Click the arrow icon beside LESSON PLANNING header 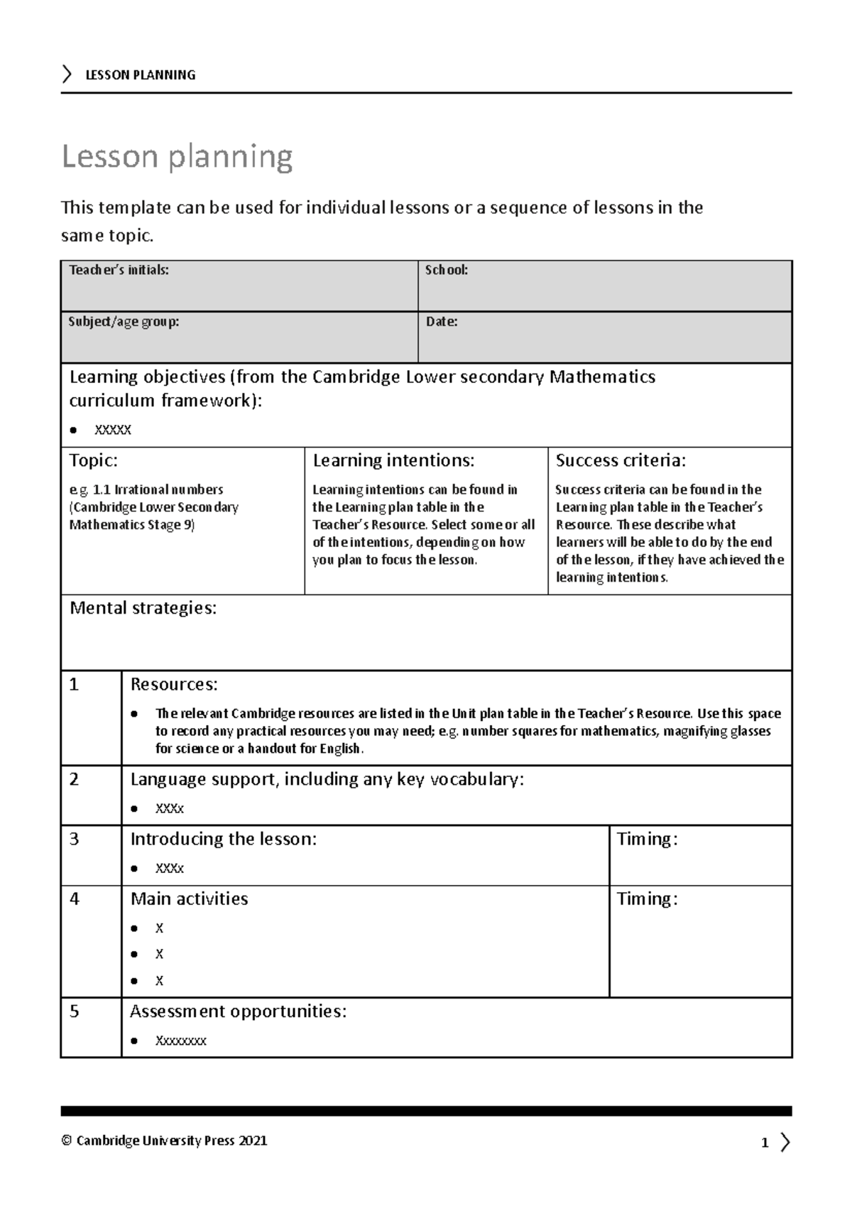click(x=67, y=74)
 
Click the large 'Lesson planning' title click(x=177, y=156)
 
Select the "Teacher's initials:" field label click(x=119, y=270)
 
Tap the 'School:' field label click(x=446, y=270)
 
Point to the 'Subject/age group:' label click(x=124, y=322)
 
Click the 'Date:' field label click(x=441, y=322)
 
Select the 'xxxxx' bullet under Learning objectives click(x=113, y=430)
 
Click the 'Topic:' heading click(x=94, y=460)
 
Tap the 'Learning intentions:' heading click(x=393, y=460)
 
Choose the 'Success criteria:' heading click(x=621, y=460)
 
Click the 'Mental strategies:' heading click(x=143, y=608)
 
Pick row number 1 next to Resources click(x=74, y=685)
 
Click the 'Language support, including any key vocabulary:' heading click(x=327, y=779)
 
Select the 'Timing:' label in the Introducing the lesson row click(x=647, y=839)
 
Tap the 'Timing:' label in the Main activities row click(x=647, y=898)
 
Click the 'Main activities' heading click(x=189, y=898)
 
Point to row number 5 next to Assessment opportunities click(x=74, y=1011)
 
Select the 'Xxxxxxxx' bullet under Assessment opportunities click(x=180, y=1041)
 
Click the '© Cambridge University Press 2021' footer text click(x=164, y=1141)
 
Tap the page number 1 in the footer click(x=765, y=1143)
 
